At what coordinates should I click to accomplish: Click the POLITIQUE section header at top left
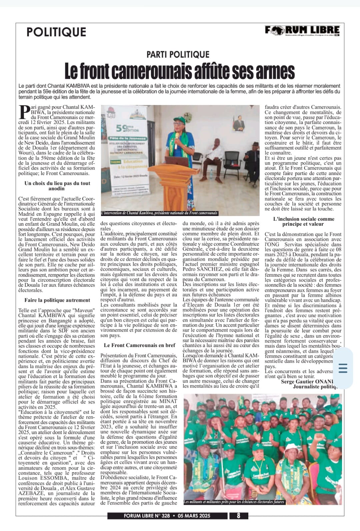pyautogui.click(x=56, y=32)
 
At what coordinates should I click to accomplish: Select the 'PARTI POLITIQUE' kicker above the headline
pyautogui.click(x=178, y=55)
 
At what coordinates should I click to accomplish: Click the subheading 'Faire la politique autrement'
pyautogui.click(x=57, y=300)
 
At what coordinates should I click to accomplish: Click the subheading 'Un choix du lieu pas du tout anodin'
pyautogui.click(x=57, y=186)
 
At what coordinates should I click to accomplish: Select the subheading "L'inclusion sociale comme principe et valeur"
pyautogui.click(x=303, y=222)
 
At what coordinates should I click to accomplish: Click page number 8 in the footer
pyautogui.click(x=238, y=525)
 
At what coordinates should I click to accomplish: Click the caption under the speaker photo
pyautogui.click(x=160, y=213)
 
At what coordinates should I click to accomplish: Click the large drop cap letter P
pyautogui.click(x=24, y=112)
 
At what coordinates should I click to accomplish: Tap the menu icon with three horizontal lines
pyautogui.click(x=343, y=368)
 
